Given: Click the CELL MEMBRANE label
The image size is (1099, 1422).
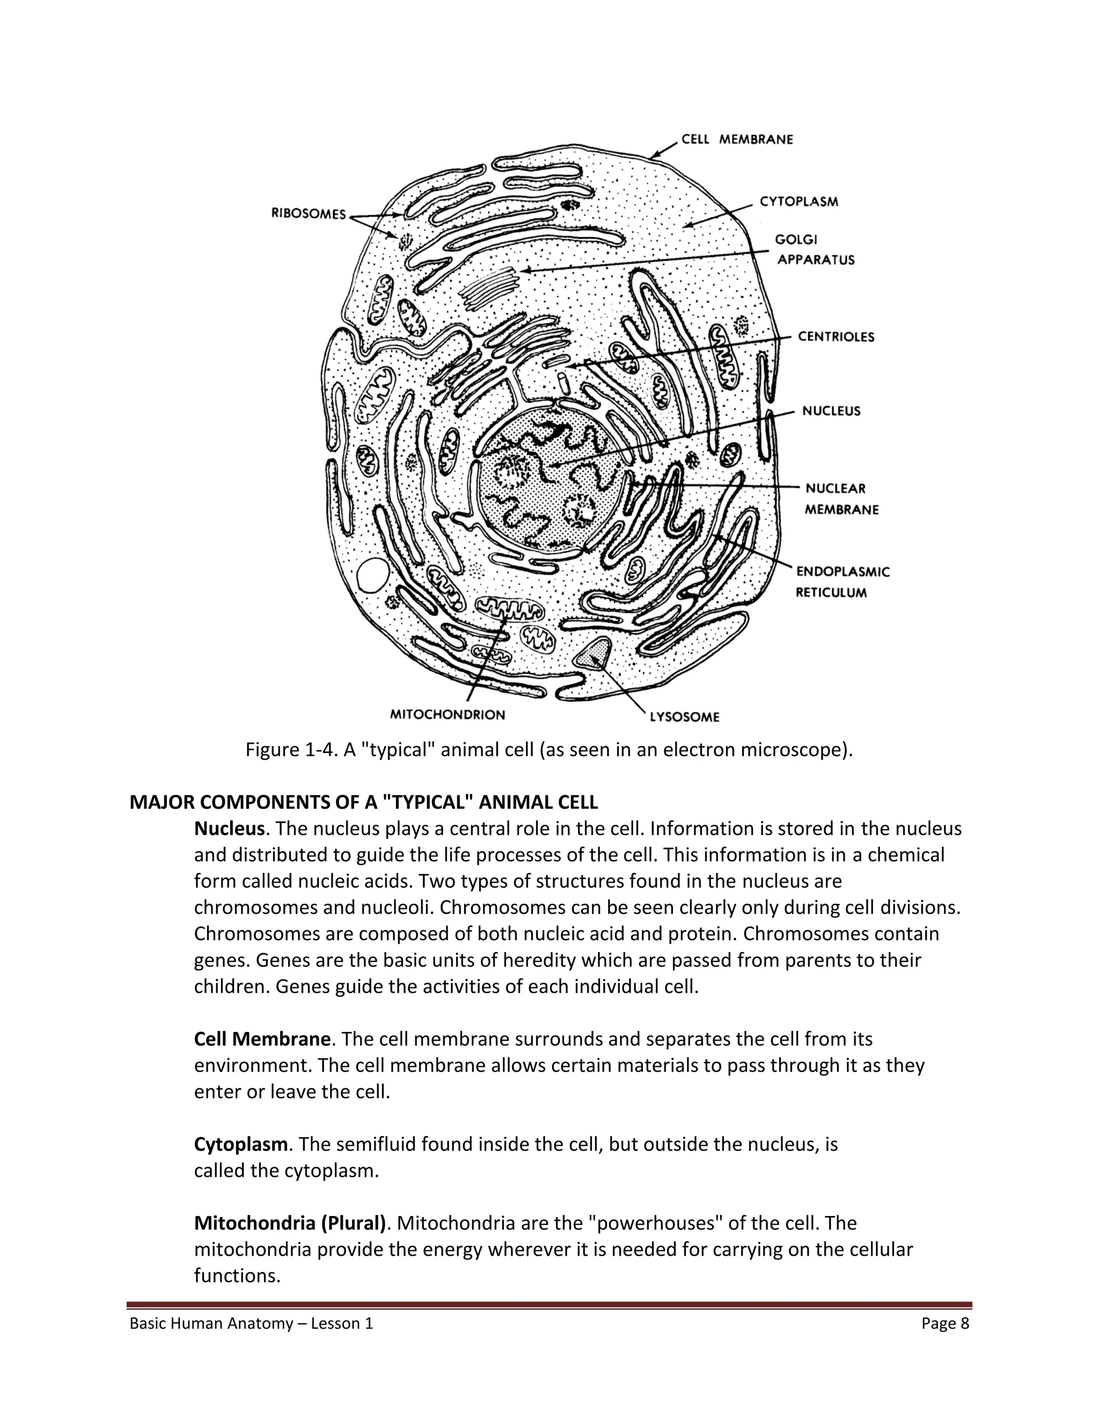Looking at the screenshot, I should (737, 140).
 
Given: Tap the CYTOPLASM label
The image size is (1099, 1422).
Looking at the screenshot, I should (799, 202).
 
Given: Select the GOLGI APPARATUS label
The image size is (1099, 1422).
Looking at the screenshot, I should (815, 250).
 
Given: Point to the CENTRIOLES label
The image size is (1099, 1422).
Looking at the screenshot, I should (836, 336).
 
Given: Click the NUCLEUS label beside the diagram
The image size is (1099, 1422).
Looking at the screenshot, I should (831, 411).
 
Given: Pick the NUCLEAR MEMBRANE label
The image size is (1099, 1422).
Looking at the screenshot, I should (841, 499).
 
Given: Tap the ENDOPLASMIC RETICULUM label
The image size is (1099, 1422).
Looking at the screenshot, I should (842, 582).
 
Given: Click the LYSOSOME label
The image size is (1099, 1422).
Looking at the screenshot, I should (684, 717).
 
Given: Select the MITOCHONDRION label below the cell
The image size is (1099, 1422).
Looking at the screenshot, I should (448, 715).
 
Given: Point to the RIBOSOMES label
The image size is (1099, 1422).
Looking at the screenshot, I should (309, 214).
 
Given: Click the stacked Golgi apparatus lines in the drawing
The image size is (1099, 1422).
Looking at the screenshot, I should (489, 287).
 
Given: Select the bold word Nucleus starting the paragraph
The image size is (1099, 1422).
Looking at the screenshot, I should (229, 829).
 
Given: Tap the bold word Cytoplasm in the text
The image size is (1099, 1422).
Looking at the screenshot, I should (240, 1144).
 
